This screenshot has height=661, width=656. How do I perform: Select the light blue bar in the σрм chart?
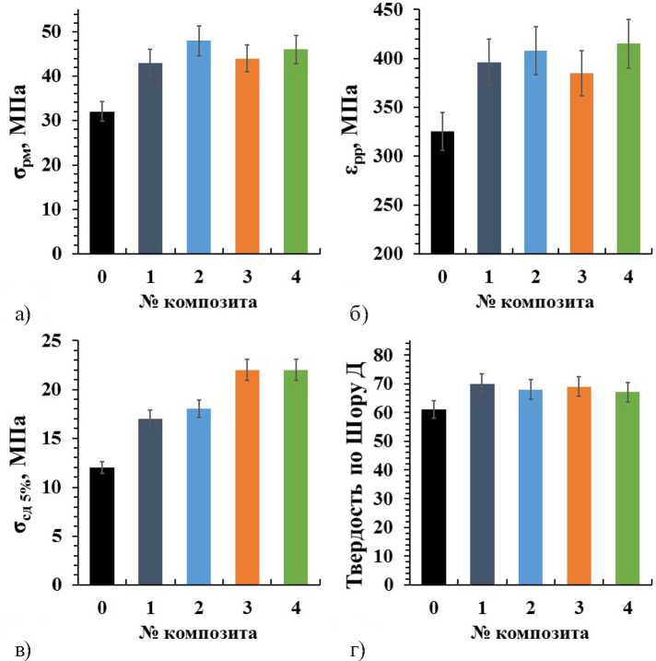198,148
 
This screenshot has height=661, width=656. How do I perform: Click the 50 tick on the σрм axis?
73,31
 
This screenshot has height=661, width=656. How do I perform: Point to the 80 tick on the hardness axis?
396,355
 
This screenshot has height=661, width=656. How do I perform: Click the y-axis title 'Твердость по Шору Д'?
360,468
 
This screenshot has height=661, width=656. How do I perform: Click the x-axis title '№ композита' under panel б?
533,301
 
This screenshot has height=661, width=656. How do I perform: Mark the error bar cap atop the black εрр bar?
441,112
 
